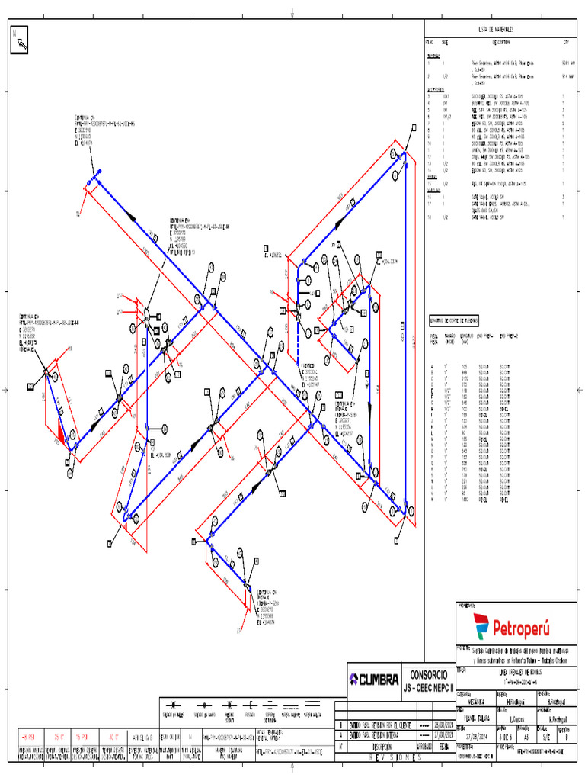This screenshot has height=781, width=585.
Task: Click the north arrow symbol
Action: click(x=20, y=40)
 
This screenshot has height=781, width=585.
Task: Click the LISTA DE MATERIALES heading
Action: click(x=497, y=28)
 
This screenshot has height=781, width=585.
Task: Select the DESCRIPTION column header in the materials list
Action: click(x=501, y=43)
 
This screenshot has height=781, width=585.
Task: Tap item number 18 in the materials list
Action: click(x=429, y=217)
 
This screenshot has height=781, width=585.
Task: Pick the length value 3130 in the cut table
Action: click(x=465, y=378)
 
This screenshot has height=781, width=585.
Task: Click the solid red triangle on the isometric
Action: click(x=58, y=436)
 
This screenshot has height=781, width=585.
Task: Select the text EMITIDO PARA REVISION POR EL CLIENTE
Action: click(x=378, y=725)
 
